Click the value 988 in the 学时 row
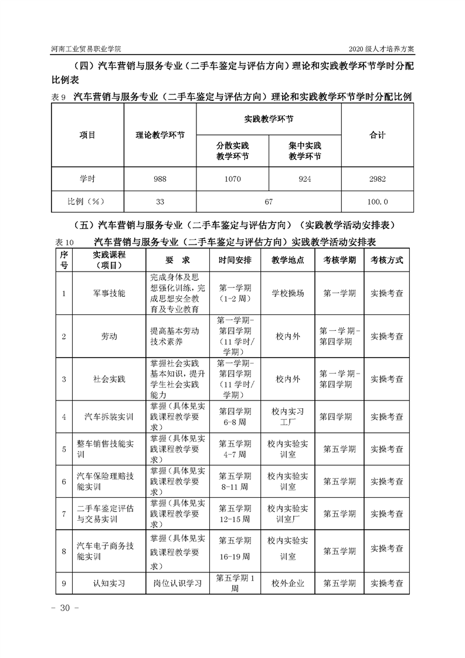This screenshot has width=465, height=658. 160,179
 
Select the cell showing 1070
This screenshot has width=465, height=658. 232,179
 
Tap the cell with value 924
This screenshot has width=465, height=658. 305,179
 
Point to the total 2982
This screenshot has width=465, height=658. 377,179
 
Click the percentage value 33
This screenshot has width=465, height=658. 160,201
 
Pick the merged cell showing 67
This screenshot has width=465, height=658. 269,201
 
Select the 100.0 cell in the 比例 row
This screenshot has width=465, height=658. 377,201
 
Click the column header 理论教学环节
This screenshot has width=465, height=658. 160,135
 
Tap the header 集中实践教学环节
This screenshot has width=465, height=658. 305,151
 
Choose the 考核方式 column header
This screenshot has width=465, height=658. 386,260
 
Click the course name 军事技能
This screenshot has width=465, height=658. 109,293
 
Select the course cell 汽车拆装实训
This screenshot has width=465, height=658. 109,417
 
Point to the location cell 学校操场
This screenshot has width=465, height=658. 288,293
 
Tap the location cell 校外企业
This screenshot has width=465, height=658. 288,584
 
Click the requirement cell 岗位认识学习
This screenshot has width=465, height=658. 177,584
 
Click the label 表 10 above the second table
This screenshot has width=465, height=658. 64,242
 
